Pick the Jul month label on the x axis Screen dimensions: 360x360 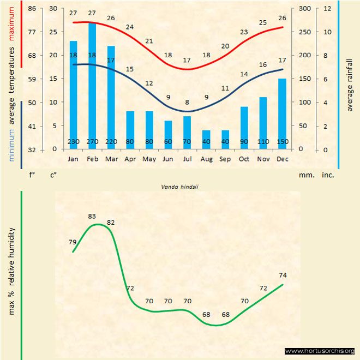point(187,159)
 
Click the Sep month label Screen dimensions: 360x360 point(225,159)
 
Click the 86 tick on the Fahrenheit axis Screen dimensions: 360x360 point(33,9)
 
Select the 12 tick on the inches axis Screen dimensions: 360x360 point(327,9)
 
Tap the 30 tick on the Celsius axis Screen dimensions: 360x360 point(53,9)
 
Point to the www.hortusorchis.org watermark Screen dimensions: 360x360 point(320,351)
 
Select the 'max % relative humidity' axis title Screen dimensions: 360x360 point(11,271)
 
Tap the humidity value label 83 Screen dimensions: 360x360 point(92,217)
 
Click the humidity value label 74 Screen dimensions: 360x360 point(282,275)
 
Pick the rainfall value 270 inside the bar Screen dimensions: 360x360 point(92,142)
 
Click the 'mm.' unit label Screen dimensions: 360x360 point(305,176)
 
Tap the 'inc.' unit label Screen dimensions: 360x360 point(327,176)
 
